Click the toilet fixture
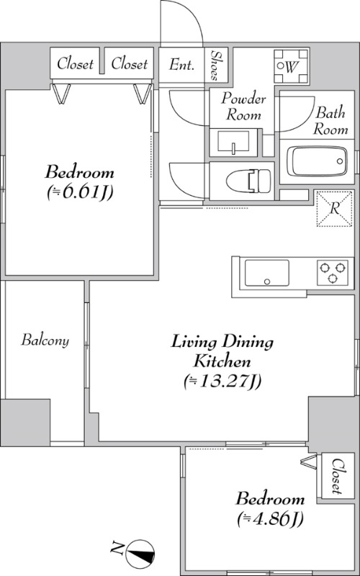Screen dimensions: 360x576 [x=248, y=181]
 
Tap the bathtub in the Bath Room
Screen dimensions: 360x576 [x=317, y=161]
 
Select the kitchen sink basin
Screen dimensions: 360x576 [x=266, y=273]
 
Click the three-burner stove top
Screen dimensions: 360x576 [x=333, y=273]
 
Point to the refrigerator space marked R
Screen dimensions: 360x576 [x=334, y=209]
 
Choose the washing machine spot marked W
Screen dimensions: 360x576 [x=292, y=66]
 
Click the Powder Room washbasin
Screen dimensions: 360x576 [x=233, y=142]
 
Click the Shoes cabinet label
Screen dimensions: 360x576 [x=215, y=65]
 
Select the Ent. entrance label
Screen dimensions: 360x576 [x=181, y=65]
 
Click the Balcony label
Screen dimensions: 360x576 [x=45, y=340]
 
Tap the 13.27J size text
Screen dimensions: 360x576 [x=223, y=382]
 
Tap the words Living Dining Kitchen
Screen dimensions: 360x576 [x=222, y=351]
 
